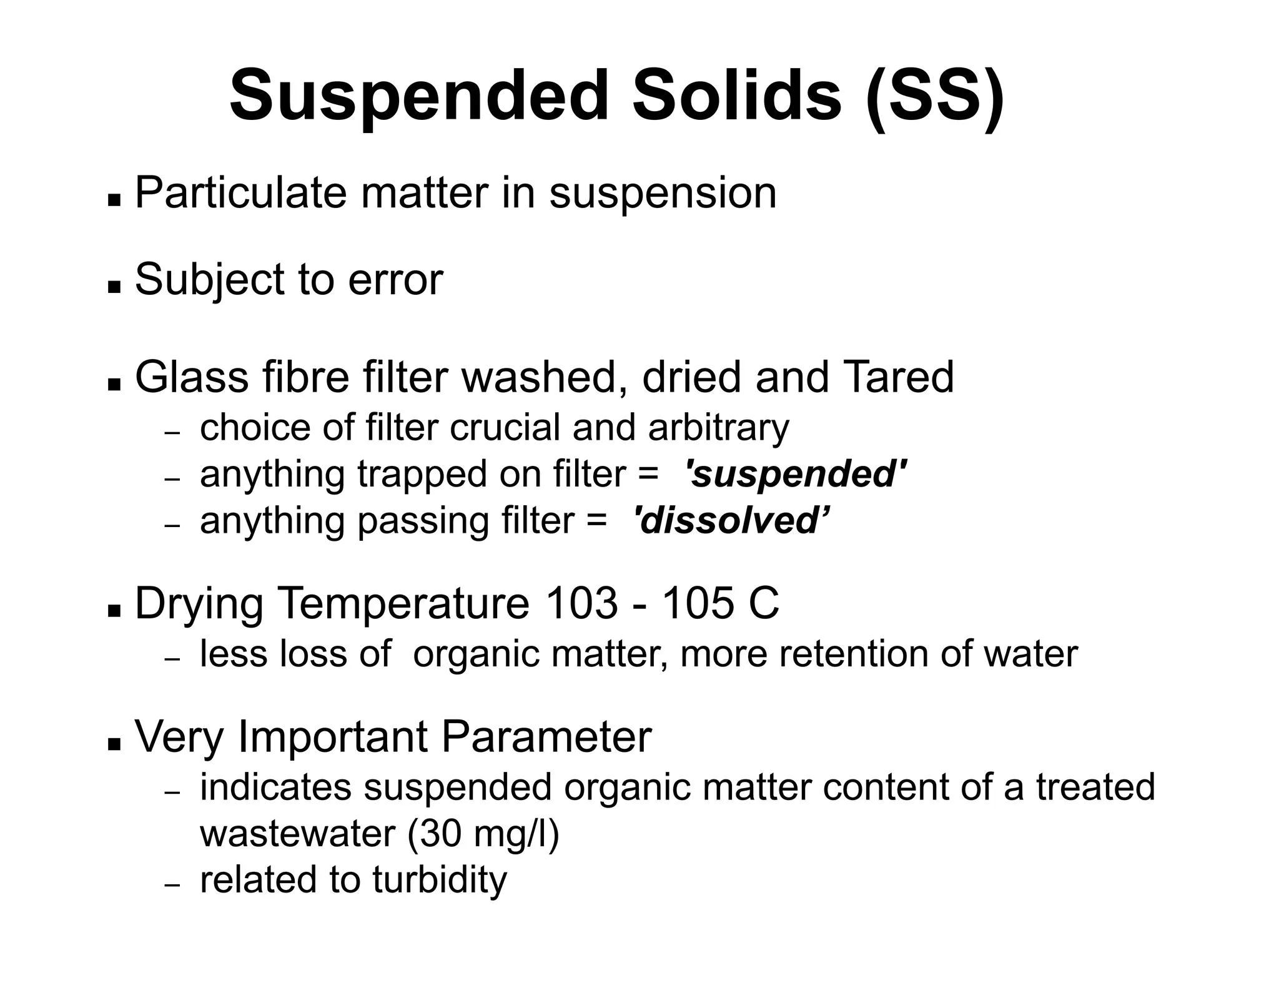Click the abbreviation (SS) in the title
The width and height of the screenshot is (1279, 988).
pyautogui.click(x=935, y=97)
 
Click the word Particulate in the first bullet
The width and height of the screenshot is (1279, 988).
pyautogui.click(x=240, y=193)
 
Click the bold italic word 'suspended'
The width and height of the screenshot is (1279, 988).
pyautogui.click(x=796, y=474)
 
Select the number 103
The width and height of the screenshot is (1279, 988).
pyautogui.click(x=581, y=603)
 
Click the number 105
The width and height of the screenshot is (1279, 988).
pyautogui.click(x=698, y=603)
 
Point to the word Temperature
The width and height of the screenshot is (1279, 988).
pyautogui.click(x=403, y=603)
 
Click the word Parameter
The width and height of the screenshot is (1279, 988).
pyautogui.click(x=546, y=737)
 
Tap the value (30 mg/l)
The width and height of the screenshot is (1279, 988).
pyautogui.click(x=483, y=834)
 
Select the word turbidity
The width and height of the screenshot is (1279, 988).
pyautogui.click(x=440, y=880)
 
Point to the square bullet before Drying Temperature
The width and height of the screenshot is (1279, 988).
pyautogui.click(x=114, y=610)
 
